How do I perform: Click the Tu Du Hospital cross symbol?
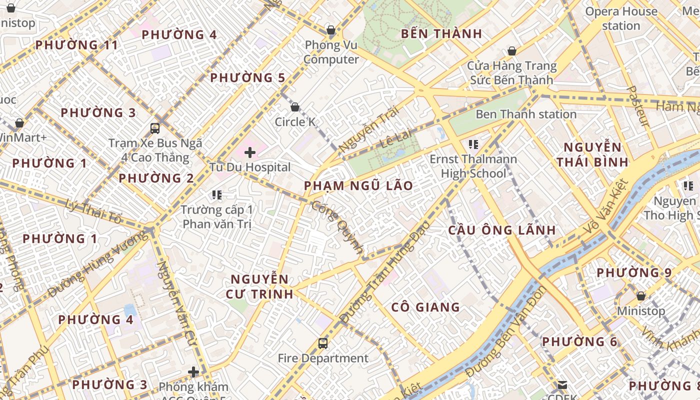[x=250, y=152]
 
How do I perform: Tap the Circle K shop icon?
[x=295, y=107]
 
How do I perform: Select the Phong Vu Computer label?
[x=331, y=52]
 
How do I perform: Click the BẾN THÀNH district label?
[x=441, y=34]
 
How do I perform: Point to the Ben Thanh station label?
[x=526, y=114]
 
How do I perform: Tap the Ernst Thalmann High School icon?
[x=473, y=145]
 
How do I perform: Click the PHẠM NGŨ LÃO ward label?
[x=358, y=186]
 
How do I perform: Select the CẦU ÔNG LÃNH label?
[x=501, y=230]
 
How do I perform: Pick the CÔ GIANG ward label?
[x=425, y=307]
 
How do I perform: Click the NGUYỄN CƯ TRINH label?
[x=259, y=286]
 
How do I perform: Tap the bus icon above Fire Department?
[x=323, y=343]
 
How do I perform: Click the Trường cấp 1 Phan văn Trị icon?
[x=216, y=195]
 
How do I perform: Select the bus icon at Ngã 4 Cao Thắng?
[x=155, y=128]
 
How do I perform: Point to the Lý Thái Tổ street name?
[x=93, y=211]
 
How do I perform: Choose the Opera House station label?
[x=621, y=18]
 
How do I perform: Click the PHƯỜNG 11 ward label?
[x=77, y=45]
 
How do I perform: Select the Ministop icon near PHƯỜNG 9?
[x=640, y=296]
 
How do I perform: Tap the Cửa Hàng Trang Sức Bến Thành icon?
[x=511, y=51]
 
